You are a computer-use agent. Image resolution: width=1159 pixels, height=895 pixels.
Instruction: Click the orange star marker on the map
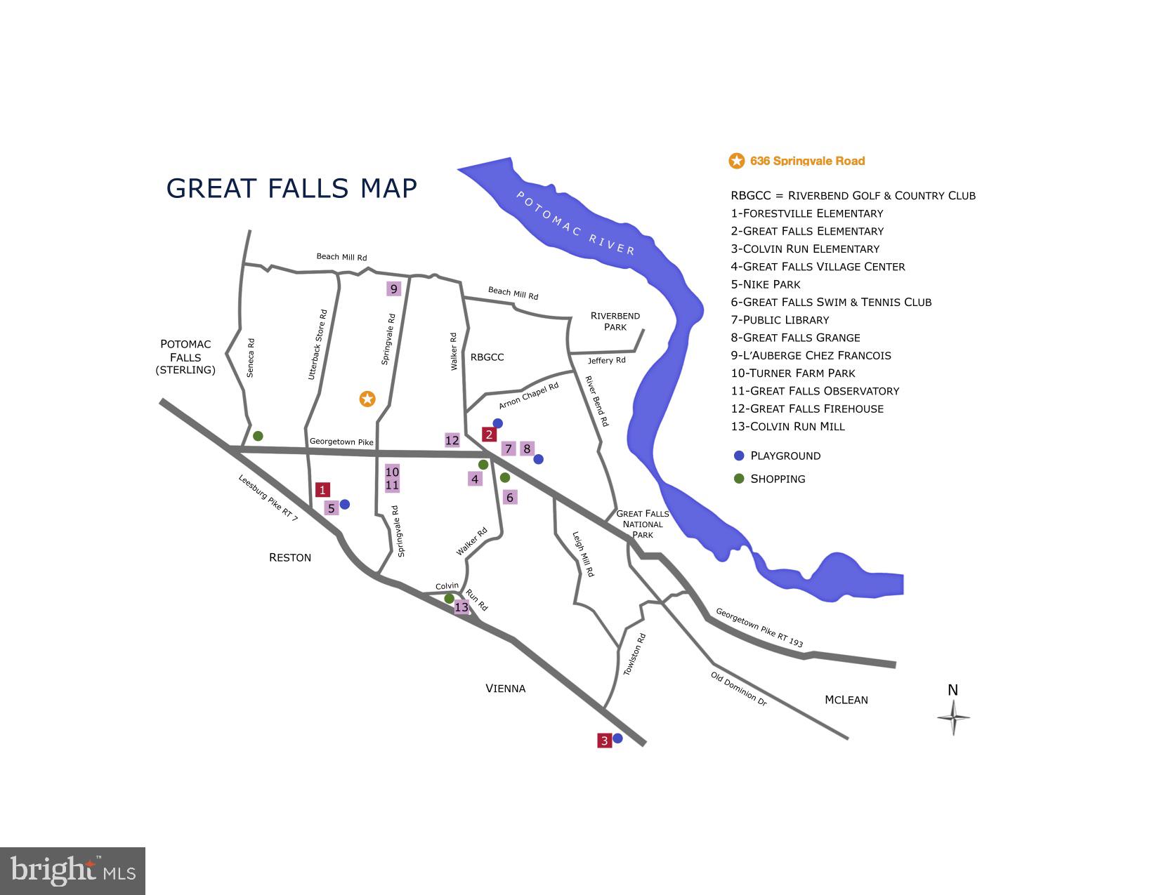pos(367,399)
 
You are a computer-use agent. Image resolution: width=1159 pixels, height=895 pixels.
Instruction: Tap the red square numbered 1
pos(322,490)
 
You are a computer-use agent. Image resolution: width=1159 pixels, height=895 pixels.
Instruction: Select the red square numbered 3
pos(604,740)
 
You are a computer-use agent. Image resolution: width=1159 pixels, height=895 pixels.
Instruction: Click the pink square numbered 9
pos(393,289)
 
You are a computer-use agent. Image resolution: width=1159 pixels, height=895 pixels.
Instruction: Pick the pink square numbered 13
pos(461,607)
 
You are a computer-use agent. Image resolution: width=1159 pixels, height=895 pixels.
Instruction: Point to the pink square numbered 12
pos(452,440)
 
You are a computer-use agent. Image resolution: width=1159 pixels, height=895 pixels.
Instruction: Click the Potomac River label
pos(575,223)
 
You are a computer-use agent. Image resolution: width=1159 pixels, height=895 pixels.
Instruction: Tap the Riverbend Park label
pos(615,321)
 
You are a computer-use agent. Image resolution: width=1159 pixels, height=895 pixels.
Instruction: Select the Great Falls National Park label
pos(642,524)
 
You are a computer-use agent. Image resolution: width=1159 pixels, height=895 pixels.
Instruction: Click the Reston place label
pos(289,557)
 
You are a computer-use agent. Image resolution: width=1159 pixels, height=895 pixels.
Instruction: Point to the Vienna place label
pos(505,689)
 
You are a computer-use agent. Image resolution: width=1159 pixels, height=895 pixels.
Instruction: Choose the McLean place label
pos(846,700)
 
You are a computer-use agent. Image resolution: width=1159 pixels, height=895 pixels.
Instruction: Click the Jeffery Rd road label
pos(606,360)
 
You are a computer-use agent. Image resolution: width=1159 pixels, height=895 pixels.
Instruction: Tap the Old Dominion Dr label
pos(738,688)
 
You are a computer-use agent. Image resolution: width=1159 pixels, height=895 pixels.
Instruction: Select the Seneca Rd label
pos(251,358)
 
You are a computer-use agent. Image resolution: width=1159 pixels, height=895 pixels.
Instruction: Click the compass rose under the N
pos(953,717)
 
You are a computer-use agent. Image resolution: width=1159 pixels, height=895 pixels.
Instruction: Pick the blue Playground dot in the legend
pos(738,456)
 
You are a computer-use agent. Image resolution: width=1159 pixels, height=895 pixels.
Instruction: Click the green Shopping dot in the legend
pos(738,479)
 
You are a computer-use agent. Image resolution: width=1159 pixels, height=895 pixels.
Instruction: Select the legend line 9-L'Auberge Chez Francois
pos(811,355)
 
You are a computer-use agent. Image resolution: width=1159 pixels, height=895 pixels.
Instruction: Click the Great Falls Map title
pos(292,188)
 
